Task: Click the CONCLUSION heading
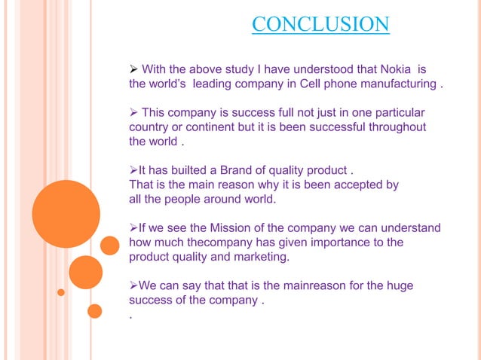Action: [x=320, y=25]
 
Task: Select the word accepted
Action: [x=352, y=185]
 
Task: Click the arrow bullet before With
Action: [x=134, y=69]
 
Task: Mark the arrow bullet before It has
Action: [x=133, y=169]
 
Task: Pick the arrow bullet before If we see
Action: [x=133, y=227]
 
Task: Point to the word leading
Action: [x=216, y=84]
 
